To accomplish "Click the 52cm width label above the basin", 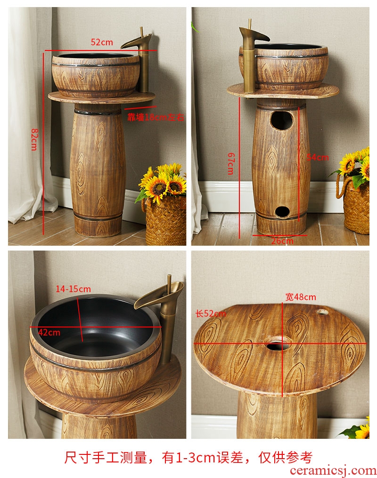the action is tap(102, 42).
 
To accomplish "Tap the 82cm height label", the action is tap(34, 139).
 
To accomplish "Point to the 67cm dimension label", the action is tap(231, 164).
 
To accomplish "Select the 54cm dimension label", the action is tap(318, 157).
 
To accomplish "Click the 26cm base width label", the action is tap(282, 241).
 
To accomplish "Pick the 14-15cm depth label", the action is tap(73, 289).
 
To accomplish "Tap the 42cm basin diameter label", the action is tap(49, 332).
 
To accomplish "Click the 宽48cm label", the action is tap(301, 297).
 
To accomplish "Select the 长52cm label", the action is tap(211, 313).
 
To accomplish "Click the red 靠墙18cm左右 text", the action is tap(156, 117).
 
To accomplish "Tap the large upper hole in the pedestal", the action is tap(282, 120).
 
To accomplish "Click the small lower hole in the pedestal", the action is tap(282, 212).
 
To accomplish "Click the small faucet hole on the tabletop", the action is tap(322, 312).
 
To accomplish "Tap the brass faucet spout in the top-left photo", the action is tap(136, 42).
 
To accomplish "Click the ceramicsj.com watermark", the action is tap(333, 470).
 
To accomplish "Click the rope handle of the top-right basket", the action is tap(341, 186).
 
